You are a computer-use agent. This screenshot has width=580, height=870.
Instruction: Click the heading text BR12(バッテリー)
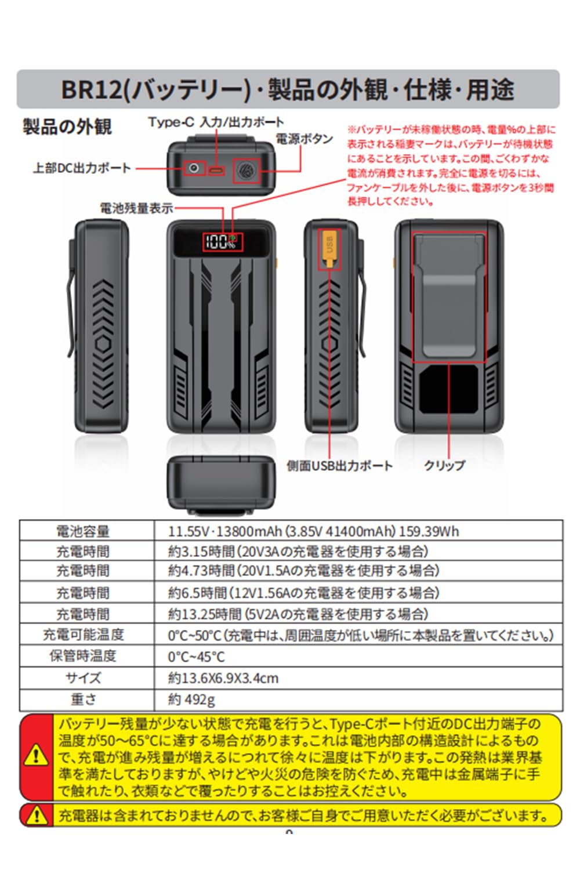point(155,90)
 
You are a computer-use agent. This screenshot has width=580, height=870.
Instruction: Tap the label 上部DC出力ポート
point(82,168)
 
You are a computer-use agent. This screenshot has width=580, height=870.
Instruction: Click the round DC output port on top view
point(194,168)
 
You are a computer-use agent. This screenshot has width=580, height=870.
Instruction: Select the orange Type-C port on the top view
point(216,171)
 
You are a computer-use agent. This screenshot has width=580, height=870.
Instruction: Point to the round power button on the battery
point(246,171)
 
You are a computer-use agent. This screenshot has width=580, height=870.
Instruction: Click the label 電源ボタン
point(304,139)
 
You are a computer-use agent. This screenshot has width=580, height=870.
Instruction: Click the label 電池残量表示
point(136,208)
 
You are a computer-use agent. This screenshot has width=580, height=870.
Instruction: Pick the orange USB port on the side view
point(329,248)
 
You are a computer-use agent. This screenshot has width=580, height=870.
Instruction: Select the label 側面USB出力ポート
point(339,465)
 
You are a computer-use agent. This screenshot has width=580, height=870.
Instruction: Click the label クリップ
point(444,465)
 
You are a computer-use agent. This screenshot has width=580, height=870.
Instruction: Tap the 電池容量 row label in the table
point(83,531)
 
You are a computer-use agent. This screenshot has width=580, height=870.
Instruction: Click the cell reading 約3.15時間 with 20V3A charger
point(298,551)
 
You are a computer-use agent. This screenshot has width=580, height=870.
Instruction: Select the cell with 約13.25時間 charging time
point(298,614)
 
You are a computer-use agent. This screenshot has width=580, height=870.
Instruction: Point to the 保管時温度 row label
point(83,655)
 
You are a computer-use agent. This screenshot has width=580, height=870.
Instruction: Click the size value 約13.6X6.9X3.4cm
point(223,678)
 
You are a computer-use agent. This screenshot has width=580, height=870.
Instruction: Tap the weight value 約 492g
point(191,699)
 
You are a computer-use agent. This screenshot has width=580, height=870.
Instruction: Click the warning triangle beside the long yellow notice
point(36,755)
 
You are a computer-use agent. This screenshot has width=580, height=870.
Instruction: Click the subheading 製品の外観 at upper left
point(67,126)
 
